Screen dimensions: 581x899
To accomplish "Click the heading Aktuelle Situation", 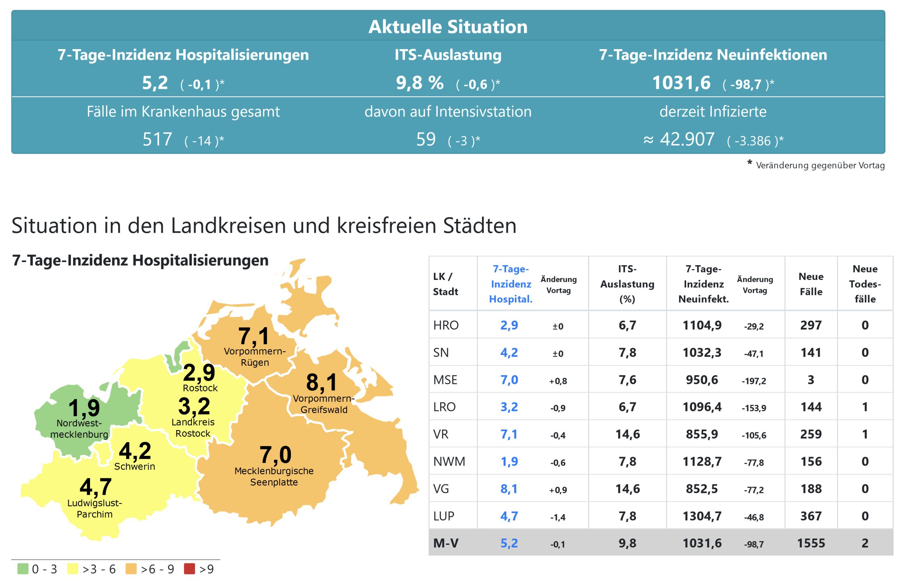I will click(448, 27).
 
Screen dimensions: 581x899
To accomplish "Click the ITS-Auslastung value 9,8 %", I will click(419, 83).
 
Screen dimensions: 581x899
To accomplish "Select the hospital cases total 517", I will click(157, 139).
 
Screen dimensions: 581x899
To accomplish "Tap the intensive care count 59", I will click(426, 139).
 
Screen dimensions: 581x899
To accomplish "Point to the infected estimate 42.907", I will click(687, 139).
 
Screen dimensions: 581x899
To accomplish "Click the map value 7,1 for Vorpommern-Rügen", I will click(253, 336).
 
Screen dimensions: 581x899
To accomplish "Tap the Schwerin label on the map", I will click(134, 466).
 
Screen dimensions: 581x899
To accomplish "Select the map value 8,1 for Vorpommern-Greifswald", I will click(321, 382).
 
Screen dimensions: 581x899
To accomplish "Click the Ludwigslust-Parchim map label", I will click(95, 508).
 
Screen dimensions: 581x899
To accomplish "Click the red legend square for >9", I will click(189, 569).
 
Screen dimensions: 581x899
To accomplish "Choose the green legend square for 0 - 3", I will click(23, 569).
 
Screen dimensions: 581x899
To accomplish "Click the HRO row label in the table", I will click(446, 325).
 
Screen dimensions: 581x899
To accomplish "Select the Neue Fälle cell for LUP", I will click(811, 516).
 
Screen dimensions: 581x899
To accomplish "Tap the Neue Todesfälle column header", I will click(865, 284).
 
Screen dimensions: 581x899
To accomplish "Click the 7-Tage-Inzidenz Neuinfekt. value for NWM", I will click(702, 461).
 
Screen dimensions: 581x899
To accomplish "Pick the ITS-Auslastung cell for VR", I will click(627, 434).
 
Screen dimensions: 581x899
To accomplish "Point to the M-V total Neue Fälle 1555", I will click(811, 543).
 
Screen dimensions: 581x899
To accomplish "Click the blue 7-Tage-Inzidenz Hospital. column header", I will click(511, 284).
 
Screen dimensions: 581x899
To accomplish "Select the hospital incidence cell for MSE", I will click(509, 380).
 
